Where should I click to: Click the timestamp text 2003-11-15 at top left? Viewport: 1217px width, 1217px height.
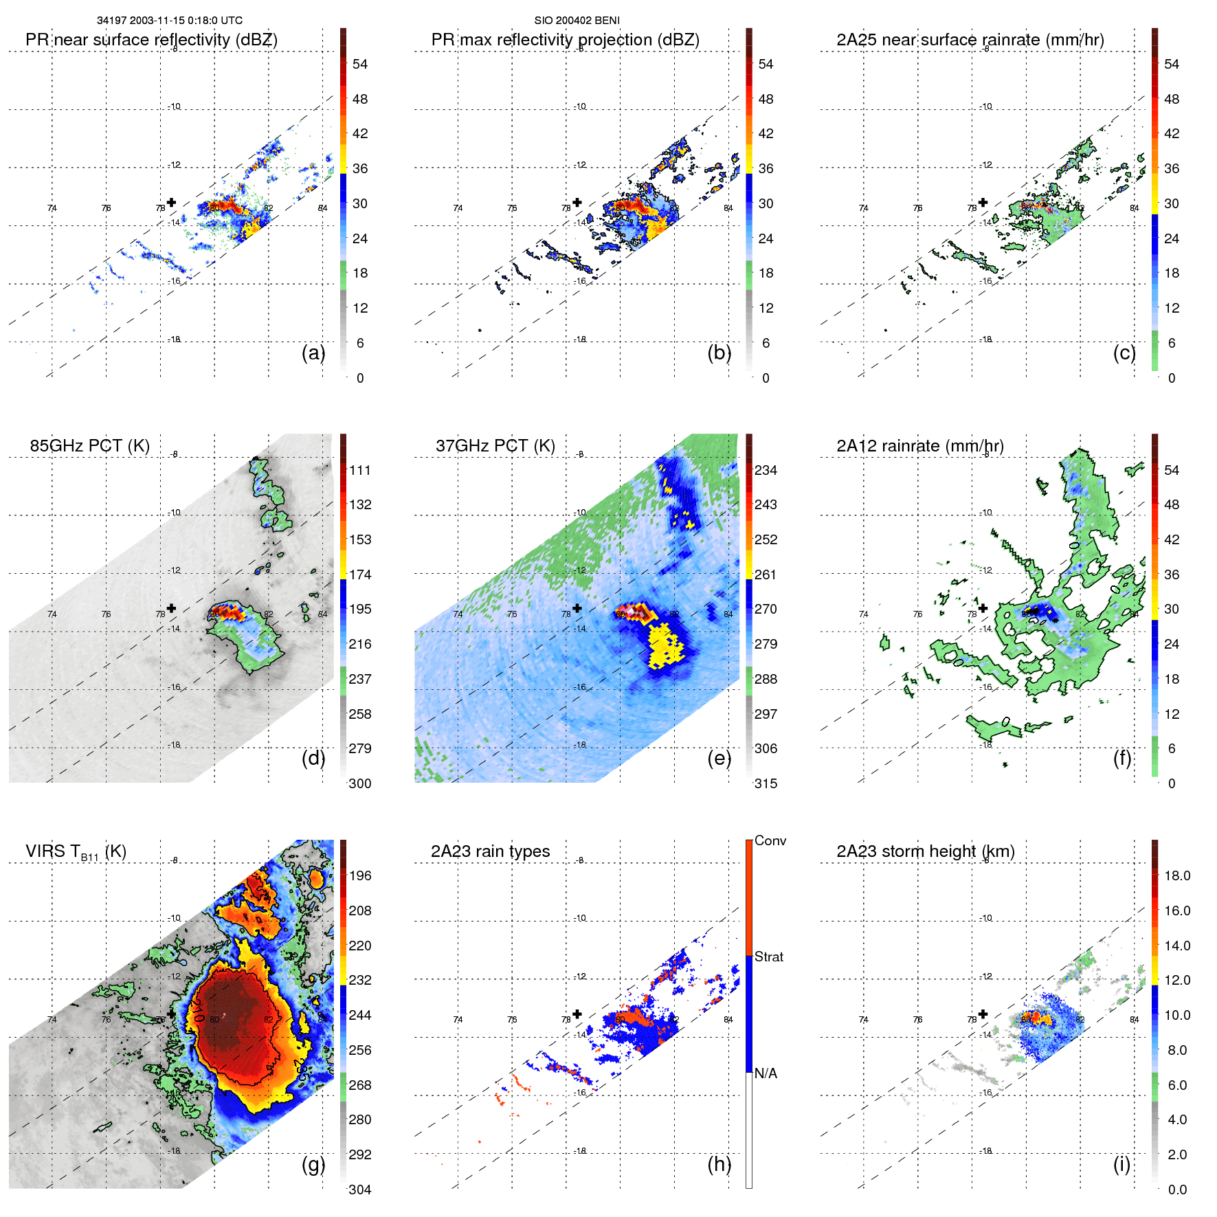159,21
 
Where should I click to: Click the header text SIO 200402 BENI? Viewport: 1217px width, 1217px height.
577,21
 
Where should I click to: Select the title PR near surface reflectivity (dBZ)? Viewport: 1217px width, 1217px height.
151,40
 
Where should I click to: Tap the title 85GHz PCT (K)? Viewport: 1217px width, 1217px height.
89,446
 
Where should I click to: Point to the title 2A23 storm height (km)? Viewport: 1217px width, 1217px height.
925,851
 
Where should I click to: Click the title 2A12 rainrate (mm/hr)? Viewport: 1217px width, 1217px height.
919,446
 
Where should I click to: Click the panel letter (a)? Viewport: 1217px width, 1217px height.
313,353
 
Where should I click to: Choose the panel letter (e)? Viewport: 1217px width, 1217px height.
719,759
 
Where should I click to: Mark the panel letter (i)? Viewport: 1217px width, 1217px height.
1121,1164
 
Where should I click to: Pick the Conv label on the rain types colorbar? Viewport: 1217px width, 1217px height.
770,841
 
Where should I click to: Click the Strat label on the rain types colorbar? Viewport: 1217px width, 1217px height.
768,957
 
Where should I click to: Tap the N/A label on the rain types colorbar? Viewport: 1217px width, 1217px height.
766,1073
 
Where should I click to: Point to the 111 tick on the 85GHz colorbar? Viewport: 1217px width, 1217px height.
360,471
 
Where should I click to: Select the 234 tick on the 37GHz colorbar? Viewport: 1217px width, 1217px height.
766,471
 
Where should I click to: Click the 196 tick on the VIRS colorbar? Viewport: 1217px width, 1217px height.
360,876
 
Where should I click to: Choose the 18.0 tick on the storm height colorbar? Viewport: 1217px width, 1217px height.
1176,876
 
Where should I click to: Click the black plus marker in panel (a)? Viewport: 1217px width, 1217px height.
171,202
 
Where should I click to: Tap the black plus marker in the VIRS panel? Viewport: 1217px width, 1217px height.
171,1014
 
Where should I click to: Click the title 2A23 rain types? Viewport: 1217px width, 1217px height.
490,851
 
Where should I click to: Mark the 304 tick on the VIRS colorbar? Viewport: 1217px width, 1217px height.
360,1190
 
